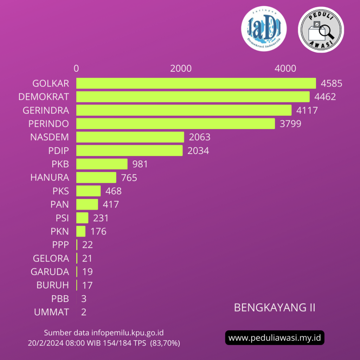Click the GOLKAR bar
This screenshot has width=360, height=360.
coord(196,83)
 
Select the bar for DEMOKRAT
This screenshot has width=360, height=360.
coord(193,97)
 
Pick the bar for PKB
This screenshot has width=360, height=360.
coord(102,164)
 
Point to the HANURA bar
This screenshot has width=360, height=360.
coord(96,178)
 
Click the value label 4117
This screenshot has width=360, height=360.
coord(307,110)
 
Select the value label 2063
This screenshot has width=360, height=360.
coord(199,137)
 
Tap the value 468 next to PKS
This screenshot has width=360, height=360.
coord(112,191)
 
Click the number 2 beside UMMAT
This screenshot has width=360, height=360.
coord(84,312)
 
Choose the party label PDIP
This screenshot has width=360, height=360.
coord(59,151)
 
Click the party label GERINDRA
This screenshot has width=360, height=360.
coord(46,110)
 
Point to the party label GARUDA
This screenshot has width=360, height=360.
coord(50,272)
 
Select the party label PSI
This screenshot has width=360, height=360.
coord(62,218)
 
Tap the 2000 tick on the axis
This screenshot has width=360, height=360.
coord(181,68)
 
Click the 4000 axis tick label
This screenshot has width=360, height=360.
coord(285,68)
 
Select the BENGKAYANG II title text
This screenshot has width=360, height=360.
coord(275,308)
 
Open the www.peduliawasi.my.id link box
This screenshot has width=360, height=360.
coord(275,338)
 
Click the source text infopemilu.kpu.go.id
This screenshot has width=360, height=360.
coord(127,333)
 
